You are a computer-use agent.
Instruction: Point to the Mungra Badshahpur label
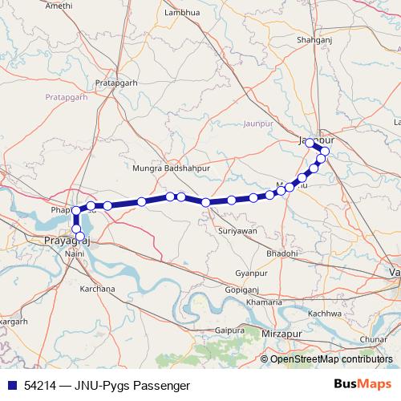[171, 169]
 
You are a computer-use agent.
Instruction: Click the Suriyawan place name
[237, 230]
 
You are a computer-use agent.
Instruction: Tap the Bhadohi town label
[282, 253]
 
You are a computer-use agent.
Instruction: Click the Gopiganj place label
[241, 288]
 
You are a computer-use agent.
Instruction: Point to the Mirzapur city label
[283, 331]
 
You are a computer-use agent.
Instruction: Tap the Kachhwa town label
[325, 313]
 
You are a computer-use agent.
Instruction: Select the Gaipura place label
[229, 330]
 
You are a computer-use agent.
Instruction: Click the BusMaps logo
[366, 384]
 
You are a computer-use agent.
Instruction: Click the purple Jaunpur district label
[257, 124]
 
